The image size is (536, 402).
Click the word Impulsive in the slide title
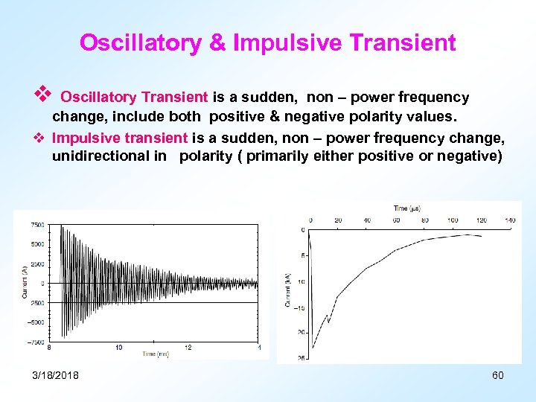[x=285, y=43]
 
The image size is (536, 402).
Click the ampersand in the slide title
[x=217, y=43]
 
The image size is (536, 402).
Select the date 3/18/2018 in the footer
[x=56, y=375]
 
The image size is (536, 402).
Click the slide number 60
[x=498, y=375]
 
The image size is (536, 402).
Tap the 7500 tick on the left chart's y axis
[x=36, y=225]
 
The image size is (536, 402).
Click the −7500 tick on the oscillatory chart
[x=34, y=342]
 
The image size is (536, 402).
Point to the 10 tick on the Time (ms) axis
[x=119, y=348]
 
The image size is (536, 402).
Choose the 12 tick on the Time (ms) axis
[x=188, y=348]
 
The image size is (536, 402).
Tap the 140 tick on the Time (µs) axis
[x=510, y=220]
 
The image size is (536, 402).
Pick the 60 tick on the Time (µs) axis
[x=396, y=220]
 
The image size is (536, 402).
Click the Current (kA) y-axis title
[x=288, y=290]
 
